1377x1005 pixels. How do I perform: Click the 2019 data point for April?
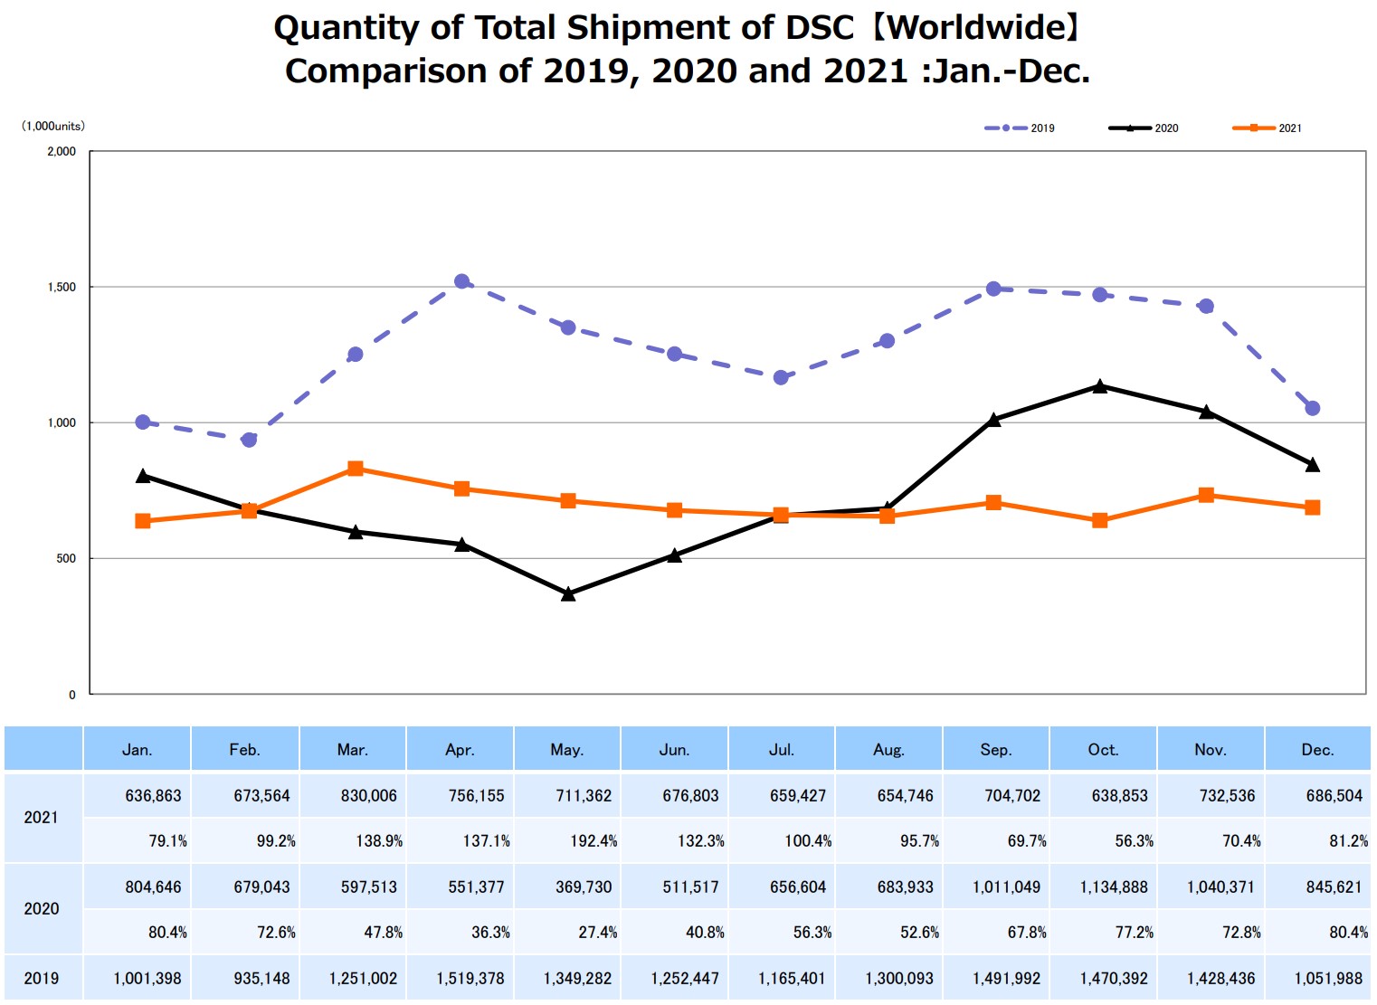[x=461, y=281]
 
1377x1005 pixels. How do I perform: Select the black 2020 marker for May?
[x=568, y=594]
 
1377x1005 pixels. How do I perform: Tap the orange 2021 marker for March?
[x=356, y=469]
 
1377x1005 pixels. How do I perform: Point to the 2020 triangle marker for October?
[x=1099, y=386]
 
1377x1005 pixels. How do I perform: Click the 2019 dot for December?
[x=1312, y=408]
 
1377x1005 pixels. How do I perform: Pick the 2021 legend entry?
[x=1268, y=128]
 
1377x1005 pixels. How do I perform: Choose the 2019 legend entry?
[x=1020, y=128]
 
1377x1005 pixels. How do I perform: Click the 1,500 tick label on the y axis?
[x=62, y=287]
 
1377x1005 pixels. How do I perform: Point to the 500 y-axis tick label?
[x=66, y=558]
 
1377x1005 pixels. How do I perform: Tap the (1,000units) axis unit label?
[x=53, y=126]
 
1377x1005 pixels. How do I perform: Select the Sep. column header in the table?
[x=995, y=749]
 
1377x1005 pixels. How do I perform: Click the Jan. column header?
[x=137, y=749]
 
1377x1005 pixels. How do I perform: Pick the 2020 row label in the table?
[x=42, y=908]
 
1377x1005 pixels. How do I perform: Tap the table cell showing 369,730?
[x=584, y=886]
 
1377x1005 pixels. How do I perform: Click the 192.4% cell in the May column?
[x=594, y=840]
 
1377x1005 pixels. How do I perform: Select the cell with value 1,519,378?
[x=470, y=978]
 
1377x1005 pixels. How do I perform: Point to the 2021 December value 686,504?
[x=1334, y=795]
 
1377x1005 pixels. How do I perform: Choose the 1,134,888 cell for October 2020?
[x=1114, y=886]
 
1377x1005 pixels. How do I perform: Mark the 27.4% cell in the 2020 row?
[x=597, y=932]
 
